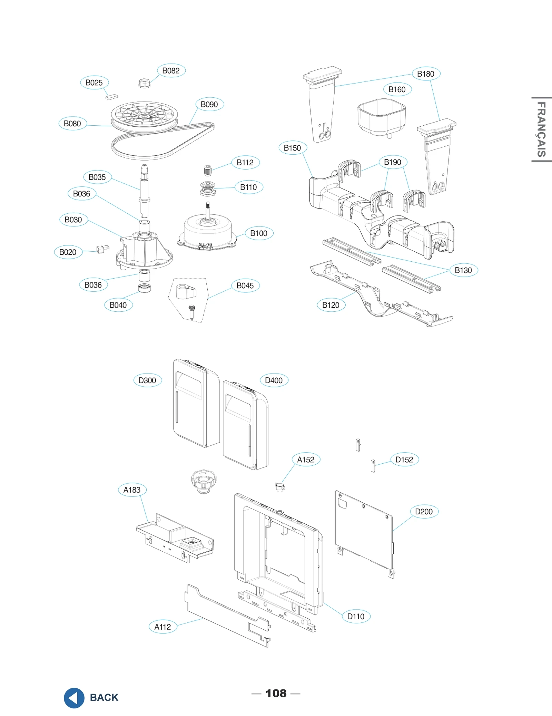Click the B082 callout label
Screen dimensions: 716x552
[171, 70]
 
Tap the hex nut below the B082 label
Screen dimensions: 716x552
[144, 83]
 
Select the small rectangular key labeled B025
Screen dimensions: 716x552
[111, 97]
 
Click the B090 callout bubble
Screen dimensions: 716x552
[209, 104]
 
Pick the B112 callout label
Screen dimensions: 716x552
[245, 162]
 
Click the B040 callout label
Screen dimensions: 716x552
[118, 305]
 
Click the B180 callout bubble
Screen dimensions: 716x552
[426, 74]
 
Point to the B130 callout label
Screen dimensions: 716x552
[463, 270]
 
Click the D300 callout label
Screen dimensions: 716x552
[147, 380]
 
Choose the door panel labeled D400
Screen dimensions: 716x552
[246, 425]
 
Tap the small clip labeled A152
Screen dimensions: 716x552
[280, 487]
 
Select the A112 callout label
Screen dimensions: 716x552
[162, 627]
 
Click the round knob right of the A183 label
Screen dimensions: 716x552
[204, 480]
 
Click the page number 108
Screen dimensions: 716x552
[276, 693]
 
